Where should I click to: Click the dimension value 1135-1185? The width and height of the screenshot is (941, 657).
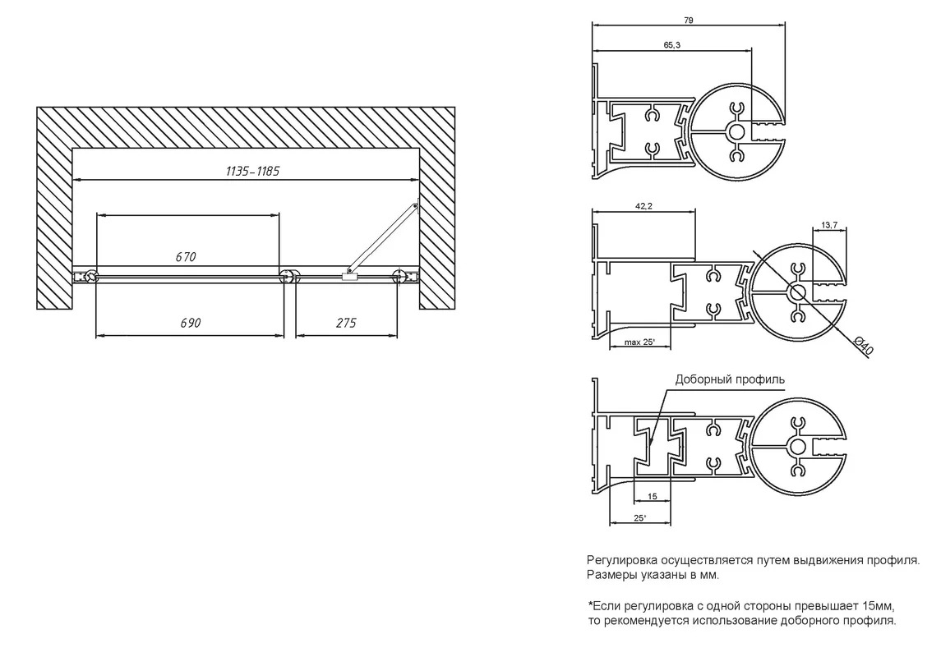coord(252,172)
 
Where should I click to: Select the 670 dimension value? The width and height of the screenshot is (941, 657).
coord(186,256)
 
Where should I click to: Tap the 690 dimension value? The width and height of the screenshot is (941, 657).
coord(190,323)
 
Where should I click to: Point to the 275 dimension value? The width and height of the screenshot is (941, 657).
coord(346,323)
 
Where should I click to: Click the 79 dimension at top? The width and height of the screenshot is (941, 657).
coord(689,21)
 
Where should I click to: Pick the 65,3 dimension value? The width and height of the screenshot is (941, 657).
coord(672,45)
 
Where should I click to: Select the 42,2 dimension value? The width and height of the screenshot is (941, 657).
coord(643,206)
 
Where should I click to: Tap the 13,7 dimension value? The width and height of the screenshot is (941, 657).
coord(829,225)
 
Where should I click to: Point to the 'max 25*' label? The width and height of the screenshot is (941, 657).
coord(639,342)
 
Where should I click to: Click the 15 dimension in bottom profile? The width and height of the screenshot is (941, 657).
coord(653,496)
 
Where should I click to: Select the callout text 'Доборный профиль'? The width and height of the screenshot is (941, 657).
coord(730,379)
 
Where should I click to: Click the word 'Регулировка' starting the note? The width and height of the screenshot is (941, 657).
coord(622,560)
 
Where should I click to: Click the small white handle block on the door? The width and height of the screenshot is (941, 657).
coord(349,276)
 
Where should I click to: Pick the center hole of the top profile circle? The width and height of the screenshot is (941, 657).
coord(737,132)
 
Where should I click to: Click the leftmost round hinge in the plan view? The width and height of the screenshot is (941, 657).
coord(91,276)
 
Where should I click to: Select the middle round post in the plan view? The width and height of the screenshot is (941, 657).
coord(288,276)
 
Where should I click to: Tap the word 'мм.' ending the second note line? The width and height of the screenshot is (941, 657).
coord(708,576)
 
